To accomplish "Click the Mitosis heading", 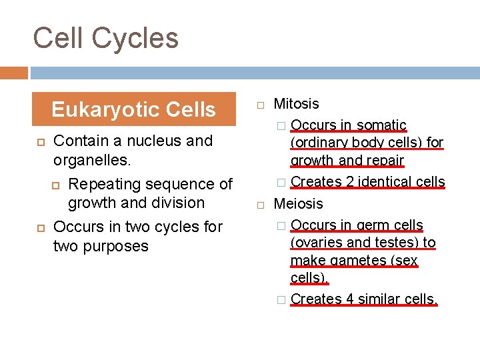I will [296, 104].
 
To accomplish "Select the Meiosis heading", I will [298, 203].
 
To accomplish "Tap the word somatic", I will [381, 125].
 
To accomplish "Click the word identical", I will [380, 181].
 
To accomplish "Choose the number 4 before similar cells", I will [350, 299].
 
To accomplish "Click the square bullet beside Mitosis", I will [260, 105].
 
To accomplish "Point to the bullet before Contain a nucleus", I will [39, 141].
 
